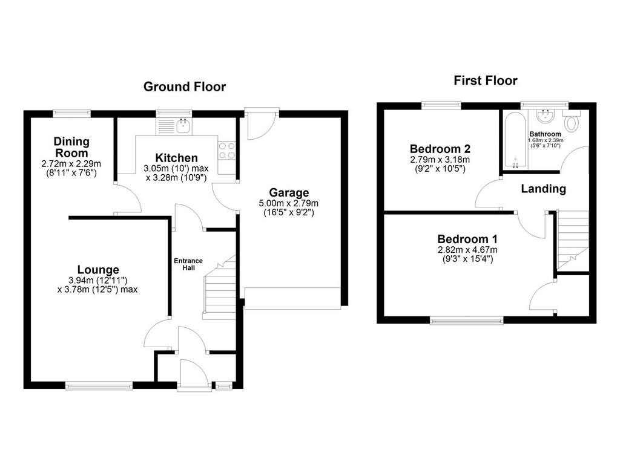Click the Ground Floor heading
184,86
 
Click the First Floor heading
486,80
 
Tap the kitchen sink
174,126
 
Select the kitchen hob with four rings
227,151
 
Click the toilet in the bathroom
571,121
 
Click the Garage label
289,193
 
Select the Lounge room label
98,270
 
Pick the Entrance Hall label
188,264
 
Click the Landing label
543,189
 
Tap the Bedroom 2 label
440,149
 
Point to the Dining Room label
71,147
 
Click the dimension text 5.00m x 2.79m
289,203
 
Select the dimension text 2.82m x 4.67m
467,250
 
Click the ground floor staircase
219,288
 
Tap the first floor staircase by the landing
572,240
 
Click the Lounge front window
99,385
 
